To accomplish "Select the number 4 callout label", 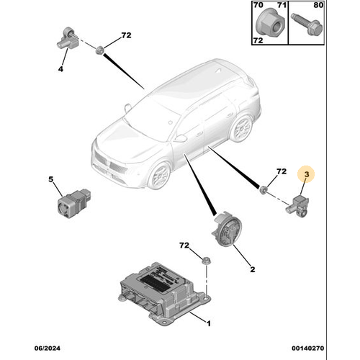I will tap(60, 69).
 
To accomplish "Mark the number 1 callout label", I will tap(207, 323).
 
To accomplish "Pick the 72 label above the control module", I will tap(185, 246).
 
